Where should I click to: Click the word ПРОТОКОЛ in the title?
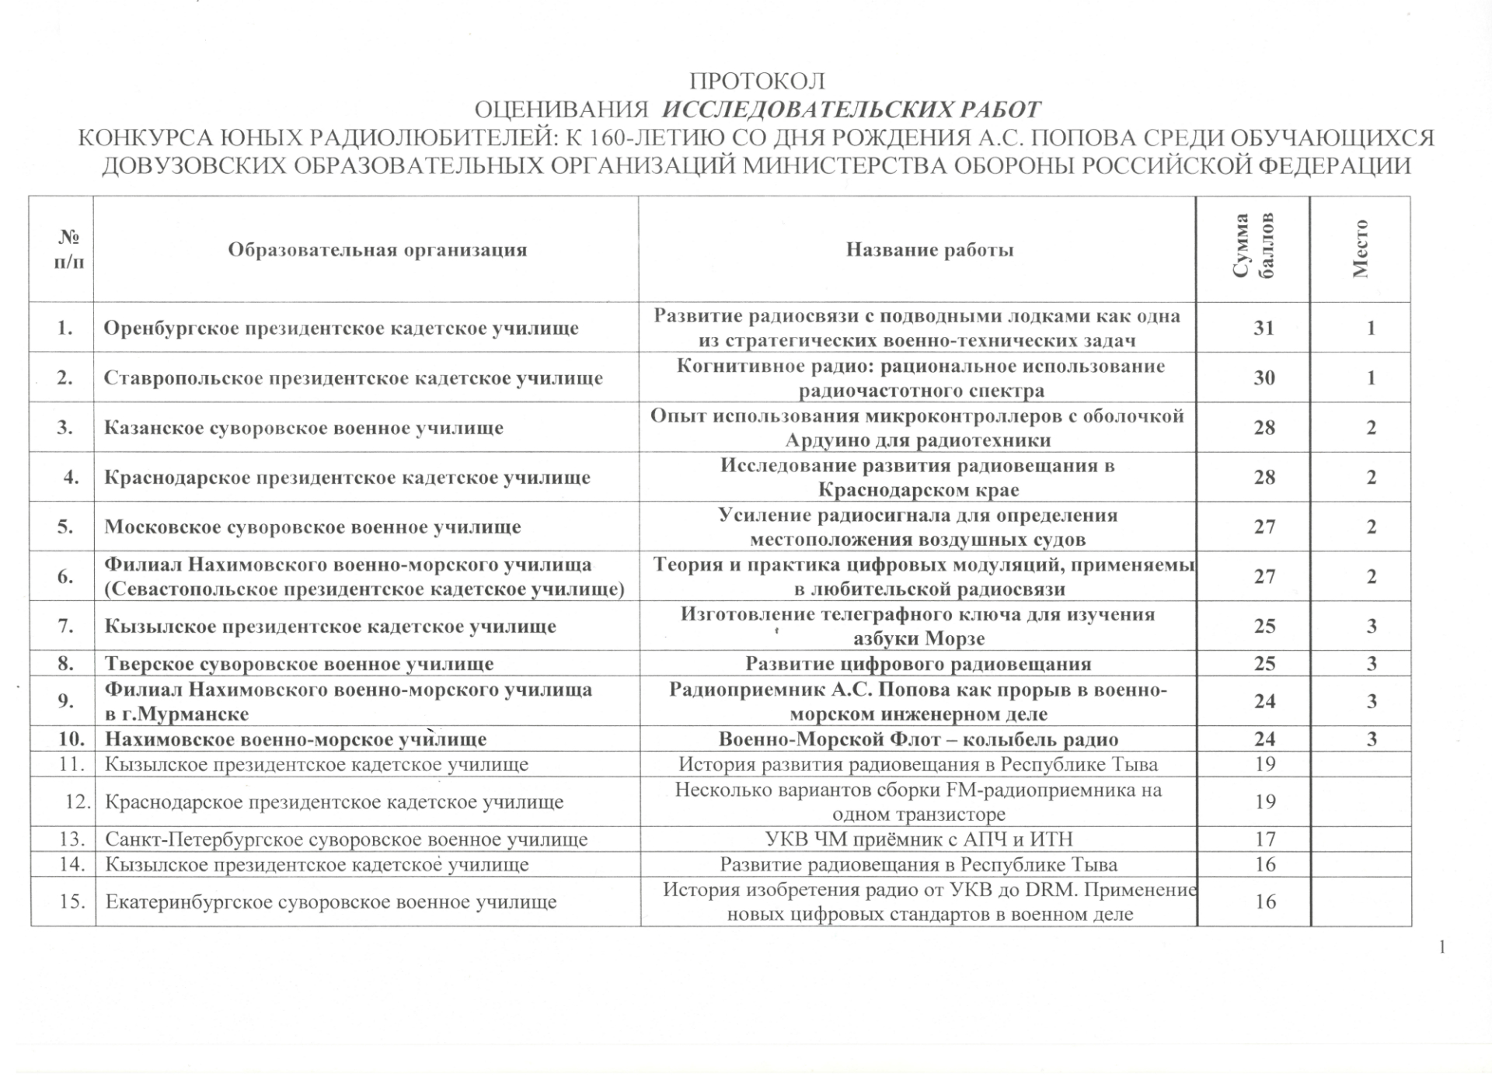757,82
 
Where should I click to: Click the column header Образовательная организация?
377,250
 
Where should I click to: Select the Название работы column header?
929,250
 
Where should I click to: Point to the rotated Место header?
1360,248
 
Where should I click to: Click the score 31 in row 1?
1264,328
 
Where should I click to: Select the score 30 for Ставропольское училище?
1264,378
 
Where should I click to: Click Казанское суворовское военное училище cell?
304,428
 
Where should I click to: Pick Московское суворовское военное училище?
312,527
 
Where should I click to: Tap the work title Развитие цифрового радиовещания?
919,664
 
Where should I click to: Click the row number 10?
71,739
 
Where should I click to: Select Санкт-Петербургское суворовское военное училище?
346,839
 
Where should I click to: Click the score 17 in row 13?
1265,839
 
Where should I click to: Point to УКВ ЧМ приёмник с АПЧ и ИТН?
919,839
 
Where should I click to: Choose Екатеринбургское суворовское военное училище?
331,902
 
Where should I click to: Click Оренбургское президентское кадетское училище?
341,328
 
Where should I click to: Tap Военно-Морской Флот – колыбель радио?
919,739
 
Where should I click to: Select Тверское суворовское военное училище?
299,664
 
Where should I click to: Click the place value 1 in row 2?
1371,378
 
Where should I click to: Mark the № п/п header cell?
68,250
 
